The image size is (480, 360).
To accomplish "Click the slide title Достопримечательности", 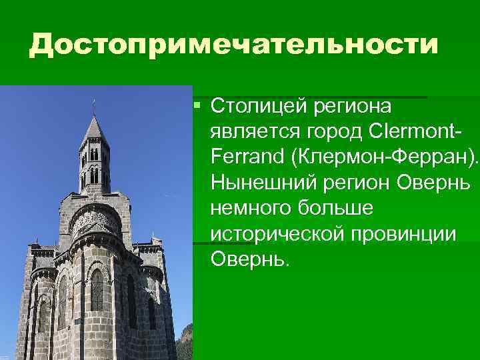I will coord(233,45).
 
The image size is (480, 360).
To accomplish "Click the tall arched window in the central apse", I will coord(97,290).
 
